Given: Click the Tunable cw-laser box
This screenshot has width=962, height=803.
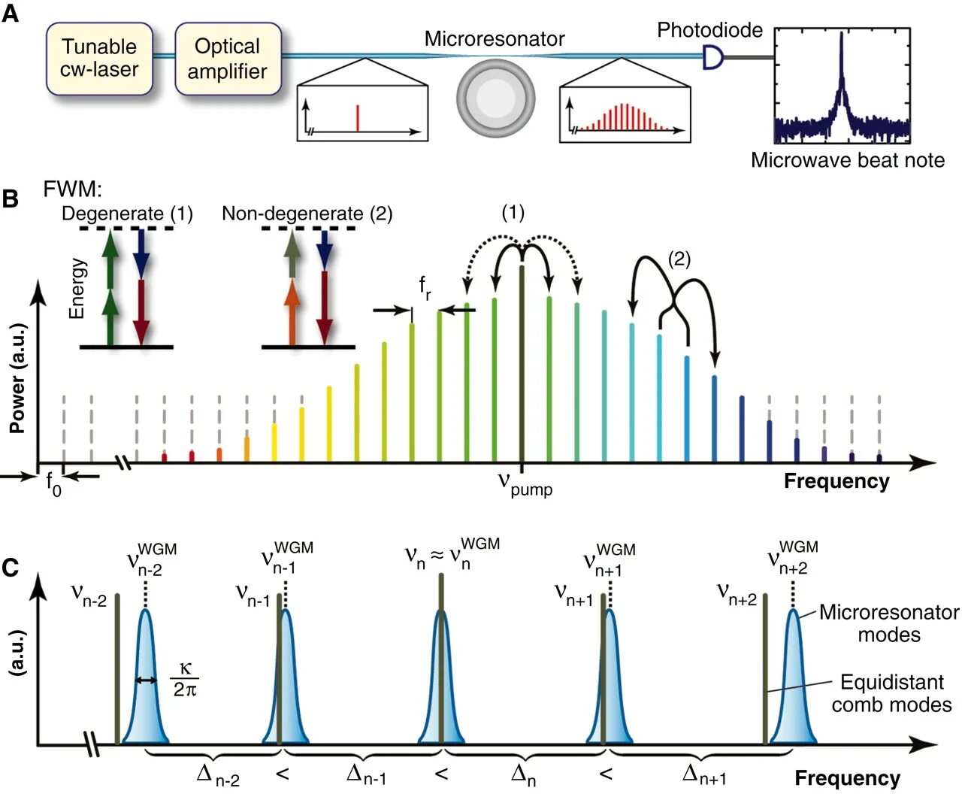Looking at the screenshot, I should [99, 59].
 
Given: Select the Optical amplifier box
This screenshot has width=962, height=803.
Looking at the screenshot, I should [228, 59].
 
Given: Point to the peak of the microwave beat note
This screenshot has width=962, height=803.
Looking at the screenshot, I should [841, 38].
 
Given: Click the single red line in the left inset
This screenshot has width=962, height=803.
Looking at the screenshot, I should [358, 118].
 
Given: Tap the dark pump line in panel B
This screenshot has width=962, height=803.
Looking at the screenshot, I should [522, 361].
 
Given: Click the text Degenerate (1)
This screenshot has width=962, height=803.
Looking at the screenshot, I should [127, 214].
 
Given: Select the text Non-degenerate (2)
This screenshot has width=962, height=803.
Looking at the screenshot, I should [307, 214].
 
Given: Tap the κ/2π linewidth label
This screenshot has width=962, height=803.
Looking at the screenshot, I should [184, 679].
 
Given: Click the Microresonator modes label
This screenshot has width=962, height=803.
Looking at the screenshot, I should [888, 623].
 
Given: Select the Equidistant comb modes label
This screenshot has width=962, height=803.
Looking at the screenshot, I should [891, 693].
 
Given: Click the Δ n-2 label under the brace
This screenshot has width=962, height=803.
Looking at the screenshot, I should [217, 774].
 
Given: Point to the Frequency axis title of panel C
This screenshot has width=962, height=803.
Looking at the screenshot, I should [847, 778].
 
